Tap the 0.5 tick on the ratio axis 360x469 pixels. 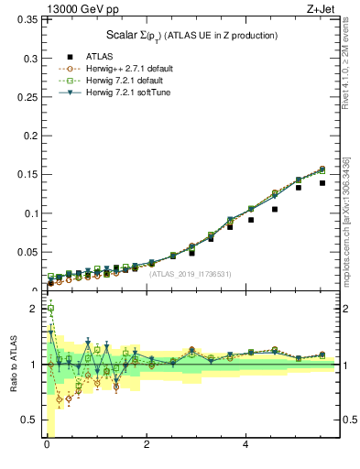[x=32, y=420]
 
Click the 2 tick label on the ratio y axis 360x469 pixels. [x=36, y=309]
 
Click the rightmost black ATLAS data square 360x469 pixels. [x=322, y=183]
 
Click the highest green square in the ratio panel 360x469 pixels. [x=50, y=309]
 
